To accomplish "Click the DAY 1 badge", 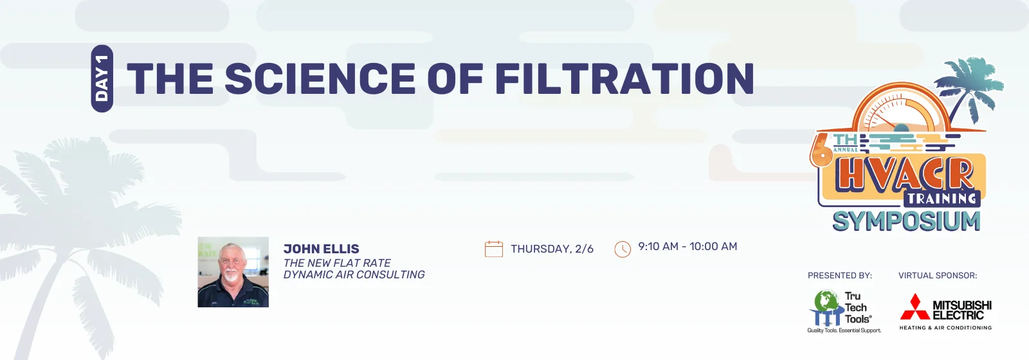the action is pyautogui.click(x=102, y=78).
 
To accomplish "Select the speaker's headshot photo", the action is pyautogui.click(x=233, y=272).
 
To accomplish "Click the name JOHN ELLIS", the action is pyautogui.click(x=321, y=249).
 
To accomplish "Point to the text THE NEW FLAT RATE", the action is pyautogui.click(x=337, y=263).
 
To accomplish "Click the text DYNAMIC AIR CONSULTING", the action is pyautogui.click(x=354, y=274).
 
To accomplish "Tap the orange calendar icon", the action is pyautogui.click(x=494, y=249).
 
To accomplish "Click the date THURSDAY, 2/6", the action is pyautogui.click(x=552, y=249).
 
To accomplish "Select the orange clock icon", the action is pyautogui.click(x=623, y=249).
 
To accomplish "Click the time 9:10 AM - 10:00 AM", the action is pyautogui.click(x=688, y=247).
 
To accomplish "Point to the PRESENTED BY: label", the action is pyautogui.click(x=840, y=276).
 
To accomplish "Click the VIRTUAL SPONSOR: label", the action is pyautogui.click(x=938, y=276).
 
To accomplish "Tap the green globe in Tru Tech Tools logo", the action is pyautogui.click(x=826, y=300).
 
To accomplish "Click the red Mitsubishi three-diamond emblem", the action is pyautogui.click(x=915, y=307).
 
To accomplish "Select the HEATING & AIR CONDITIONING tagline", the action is pyautogui.click(x=945, y=328).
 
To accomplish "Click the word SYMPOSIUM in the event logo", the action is pyautogui.click(x=906, y=221).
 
